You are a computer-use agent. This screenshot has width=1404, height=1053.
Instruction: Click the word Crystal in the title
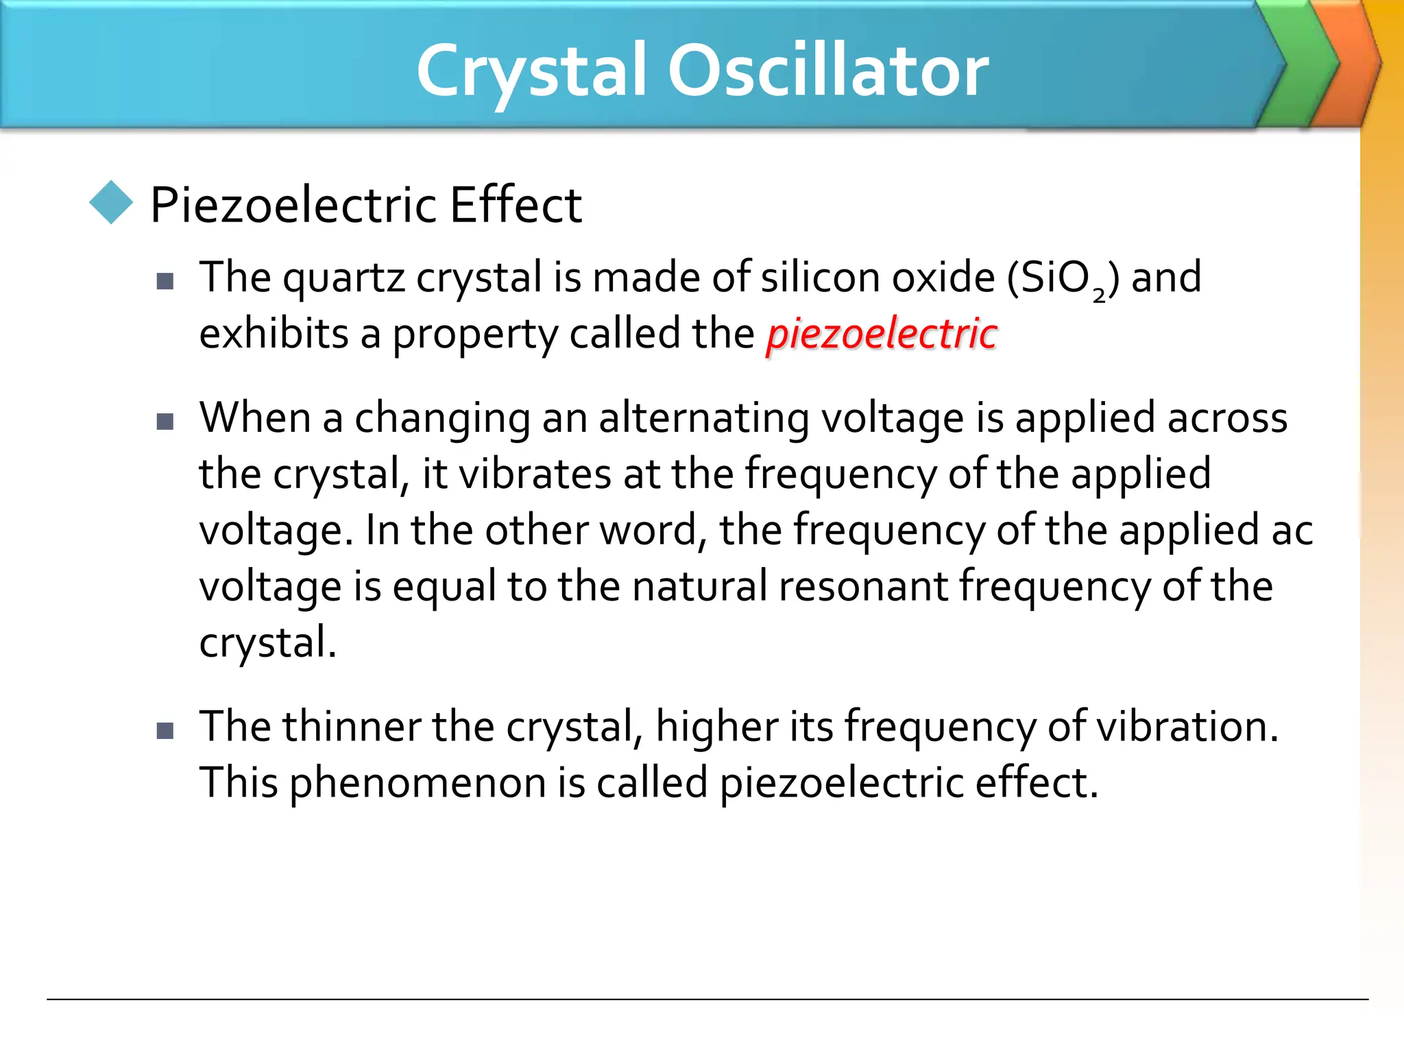(x=531, y=71)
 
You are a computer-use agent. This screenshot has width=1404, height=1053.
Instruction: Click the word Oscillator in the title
(x=828, y=71)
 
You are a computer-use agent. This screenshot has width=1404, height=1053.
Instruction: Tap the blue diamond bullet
(x=111, y=202)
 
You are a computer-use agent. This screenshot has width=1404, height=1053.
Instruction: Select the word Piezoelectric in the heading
(x=293, y=205)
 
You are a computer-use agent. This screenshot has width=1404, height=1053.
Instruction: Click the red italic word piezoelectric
(x=882, y=334)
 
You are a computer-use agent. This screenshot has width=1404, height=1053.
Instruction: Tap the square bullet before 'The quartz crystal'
(x=165, y=281)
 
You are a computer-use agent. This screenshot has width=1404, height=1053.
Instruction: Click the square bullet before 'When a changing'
(x=165, y=421)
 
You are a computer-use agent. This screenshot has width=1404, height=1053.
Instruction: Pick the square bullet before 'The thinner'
(x=165, y=731)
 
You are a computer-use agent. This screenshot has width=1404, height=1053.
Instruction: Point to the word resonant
(x=862, y=587)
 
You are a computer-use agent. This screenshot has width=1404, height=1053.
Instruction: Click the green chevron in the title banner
(x=1299, y=65)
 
